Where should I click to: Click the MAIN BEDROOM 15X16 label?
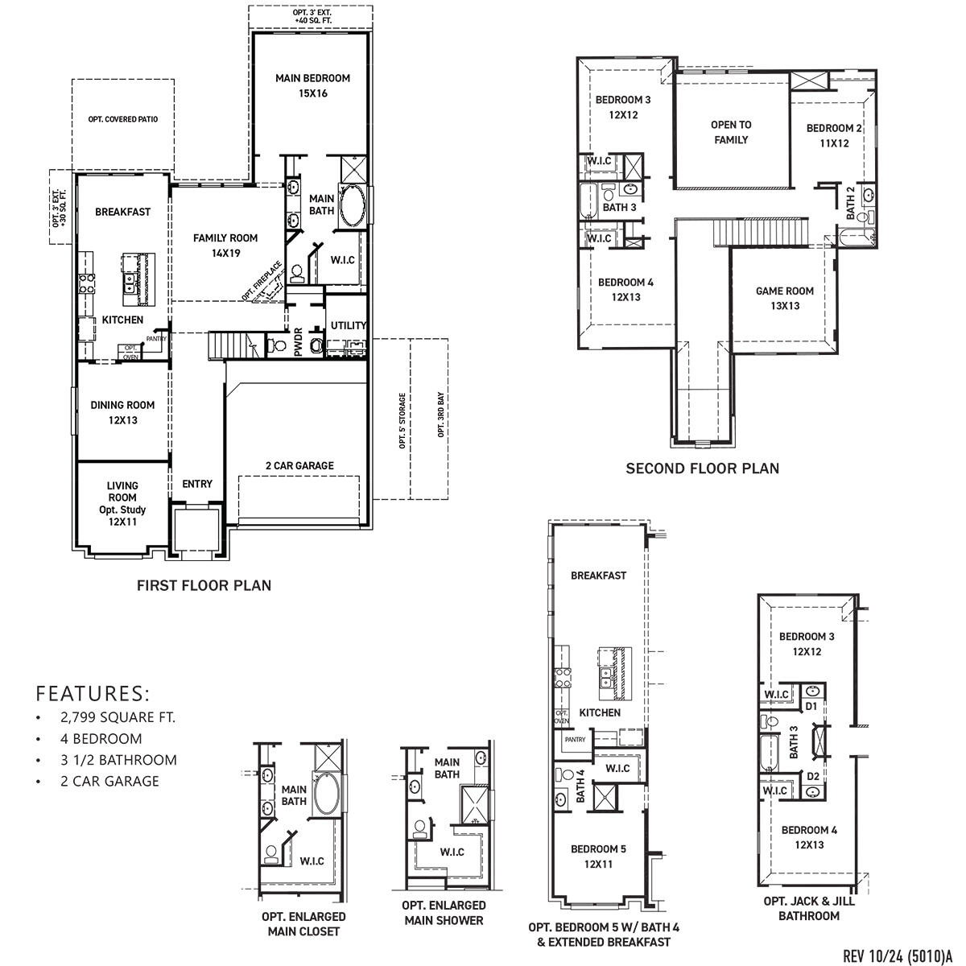(312, 85)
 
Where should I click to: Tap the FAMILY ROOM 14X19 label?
(225, 245)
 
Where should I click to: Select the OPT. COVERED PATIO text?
(123, 119)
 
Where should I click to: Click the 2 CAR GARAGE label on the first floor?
(299, 465)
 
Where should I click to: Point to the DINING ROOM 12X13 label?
(122, 412)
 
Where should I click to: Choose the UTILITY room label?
(349, 325)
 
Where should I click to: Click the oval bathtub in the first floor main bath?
(353, 207)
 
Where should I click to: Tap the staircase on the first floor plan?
(232, 345)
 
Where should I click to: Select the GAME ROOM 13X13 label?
(784, 298)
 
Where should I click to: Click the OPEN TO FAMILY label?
(730, 132)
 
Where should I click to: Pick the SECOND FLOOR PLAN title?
(702, 468)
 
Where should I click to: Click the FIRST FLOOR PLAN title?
(204, 585)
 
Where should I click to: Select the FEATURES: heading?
(93, 693)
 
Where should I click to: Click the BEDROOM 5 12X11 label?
(598, 856)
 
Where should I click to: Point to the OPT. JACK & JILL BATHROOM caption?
(809, 908)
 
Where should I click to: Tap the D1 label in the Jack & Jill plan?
(811, 706)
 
